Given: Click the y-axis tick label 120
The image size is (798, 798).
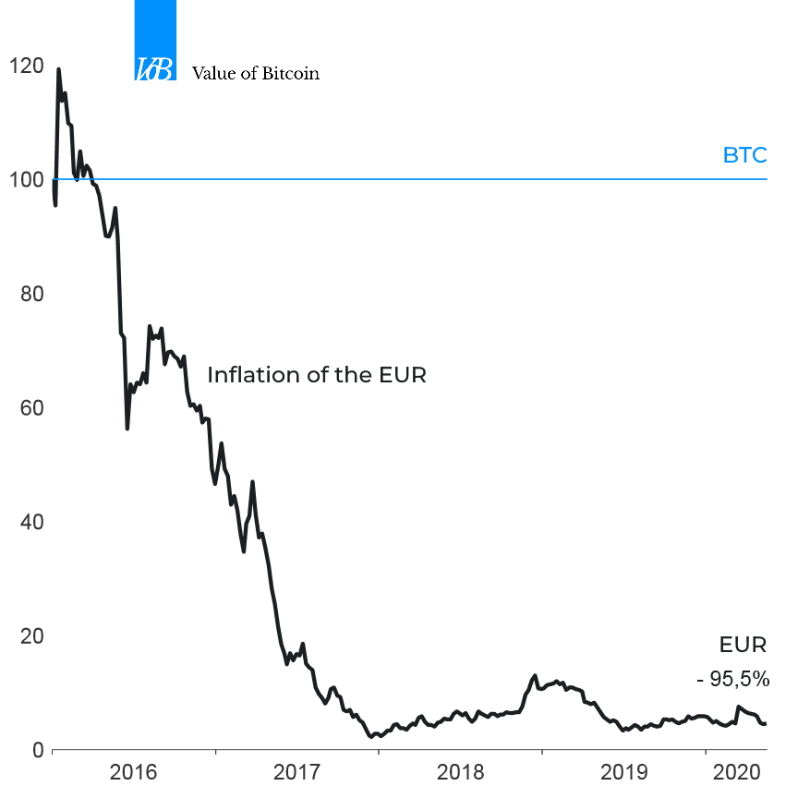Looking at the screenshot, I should click(x=24, y=66).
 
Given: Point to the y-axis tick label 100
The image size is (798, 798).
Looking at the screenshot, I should click(x=24, y=180).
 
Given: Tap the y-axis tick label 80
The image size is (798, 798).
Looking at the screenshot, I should click(x=30, y=294).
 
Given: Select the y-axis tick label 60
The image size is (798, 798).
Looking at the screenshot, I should click(x=30, y=408).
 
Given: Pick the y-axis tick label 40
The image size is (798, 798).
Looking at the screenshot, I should click(x=30, y=522).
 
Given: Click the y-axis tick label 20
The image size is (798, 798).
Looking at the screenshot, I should click(x=30, y=635).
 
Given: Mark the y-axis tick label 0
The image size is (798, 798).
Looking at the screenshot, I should click(x=37, y=750).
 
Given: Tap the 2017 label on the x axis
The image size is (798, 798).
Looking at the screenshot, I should click(x=296, y=772).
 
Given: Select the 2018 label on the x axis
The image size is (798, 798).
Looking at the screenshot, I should click(x=460, y=772).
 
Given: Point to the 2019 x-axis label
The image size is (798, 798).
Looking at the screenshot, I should click(x=623, y=772).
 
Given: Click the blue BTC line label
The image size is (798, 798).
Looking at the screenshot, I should click(x=744, y=155).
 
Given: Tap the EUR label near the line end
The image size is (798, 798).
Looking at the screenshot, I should click(x=744, y=645).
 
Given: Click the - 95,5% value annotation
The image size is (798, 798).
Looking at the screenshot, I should click(x=732, y=680).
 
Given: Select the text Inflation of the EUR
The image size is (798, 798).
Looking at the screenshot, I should click(x=316, y=376).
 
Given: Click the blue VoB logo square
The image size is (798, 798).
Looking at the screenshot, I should click(x=155, y=41).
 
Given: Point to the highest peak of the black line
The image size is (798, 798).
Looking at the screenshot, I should click(x=59, y=68).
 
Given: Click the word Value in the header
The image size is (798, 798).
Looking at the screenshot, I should click(x=212, y=73).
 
